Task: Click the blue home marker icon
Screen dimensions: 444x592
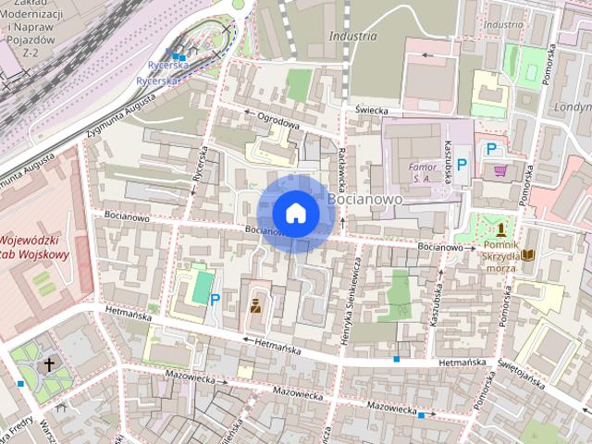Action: pyautogui.click(x=295, y=214)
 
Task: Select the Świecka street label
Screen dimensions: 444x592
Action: pyautogui.click(x=370, y=110)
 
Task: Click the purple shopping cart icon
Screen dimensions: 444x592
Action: pyautogui.click(x=500, y=171)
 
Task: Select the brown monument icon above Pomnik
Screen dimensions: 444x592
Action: pyautogui.click(x=501, y=228)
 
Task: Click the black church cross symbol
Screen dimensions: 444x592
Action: pyautogui.click(x=49, y=364)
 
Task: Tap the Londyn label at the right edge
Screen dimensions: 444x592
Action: pyautogui.click(x=573, y=106)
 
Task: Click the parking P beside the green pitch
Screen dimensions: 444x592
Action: pyautogui.click(x=215, y=300)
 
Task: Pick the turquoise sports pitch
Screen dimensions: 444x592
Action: pyautogui.click(x=201, y=287)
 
